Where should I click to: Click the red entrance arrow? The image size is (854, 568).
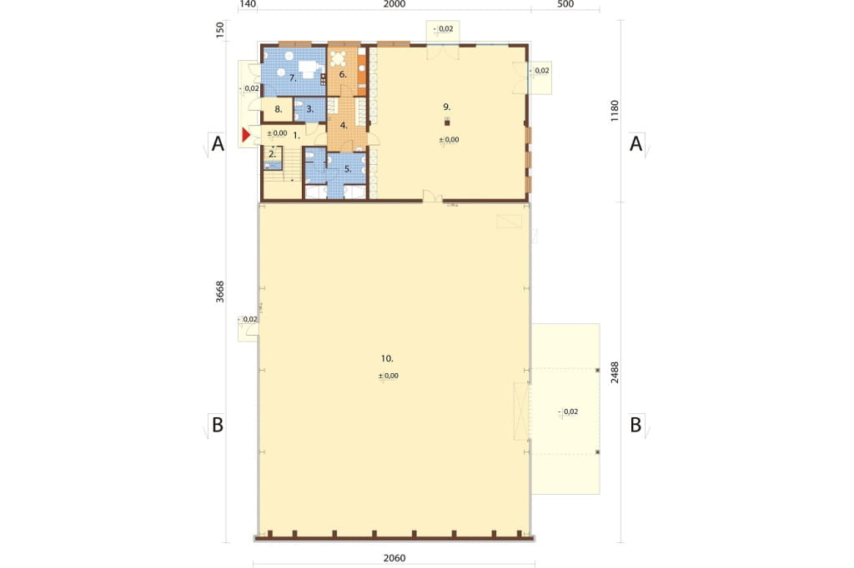[x=246, y=134]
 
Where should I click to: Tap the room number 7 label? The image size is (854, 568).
[x=293, y=78]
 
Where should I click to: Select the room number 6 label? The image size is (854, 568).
[x=343, y=74]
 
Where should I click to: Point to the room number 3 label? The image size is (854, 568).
[x=310, y=109]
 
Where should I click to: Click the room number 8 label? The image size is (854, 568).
[x=279, y=109]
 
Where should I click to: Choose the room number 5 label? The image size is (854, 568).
[x=348, y=169]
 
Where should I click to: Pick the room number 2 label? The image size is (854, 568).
[x=273, y=155]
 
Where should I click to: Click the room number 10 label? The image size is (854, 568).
[x=387, y=358]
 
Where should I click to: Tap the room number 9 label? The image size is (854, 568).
[x=447, y=107]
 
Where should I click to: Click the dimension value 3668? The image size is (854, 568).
[x=219, y=291]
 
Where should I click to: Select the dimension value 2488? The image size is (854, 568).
[x=615, y=372]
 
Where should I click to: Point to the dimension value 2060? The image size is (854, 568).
[x=394, y=558]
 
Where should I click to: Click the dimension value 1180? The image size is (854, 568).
[x=615, y=111]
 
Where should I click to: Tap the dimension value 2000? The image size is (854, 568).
[x=394, y=4]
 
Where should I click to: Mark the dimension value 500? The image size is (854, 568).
[x=566, y=4]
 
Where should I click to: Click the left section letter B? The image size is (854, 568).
[x=218, y=425]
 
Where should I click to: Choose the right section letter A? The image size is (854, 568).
[x=635, y=143]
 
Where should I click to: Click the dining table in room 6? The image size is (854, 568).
[x=339, y=59]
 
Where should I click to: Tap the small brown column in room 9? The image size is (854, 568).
[x=447, y=123]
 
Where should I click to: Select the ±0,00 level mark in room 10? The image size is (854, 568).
[x=389, y=376]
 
